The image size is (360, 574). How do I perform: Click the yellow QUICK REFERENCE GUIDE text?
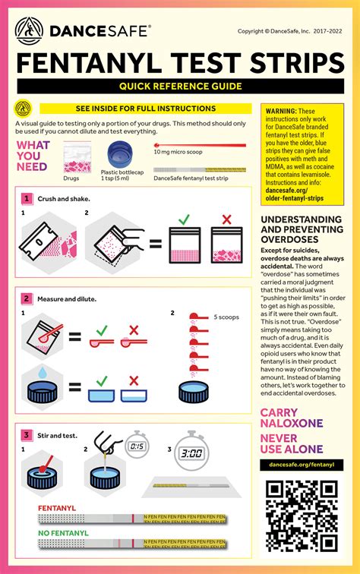click(179, 87)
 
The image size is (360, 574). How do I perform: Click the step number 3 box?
click(27, 435)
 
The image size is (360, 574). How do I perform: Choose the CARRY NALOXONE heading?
click(292, 418)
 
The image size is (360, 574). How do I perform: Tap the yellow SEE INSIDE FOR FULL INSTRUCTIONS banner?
click(145, 109)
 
